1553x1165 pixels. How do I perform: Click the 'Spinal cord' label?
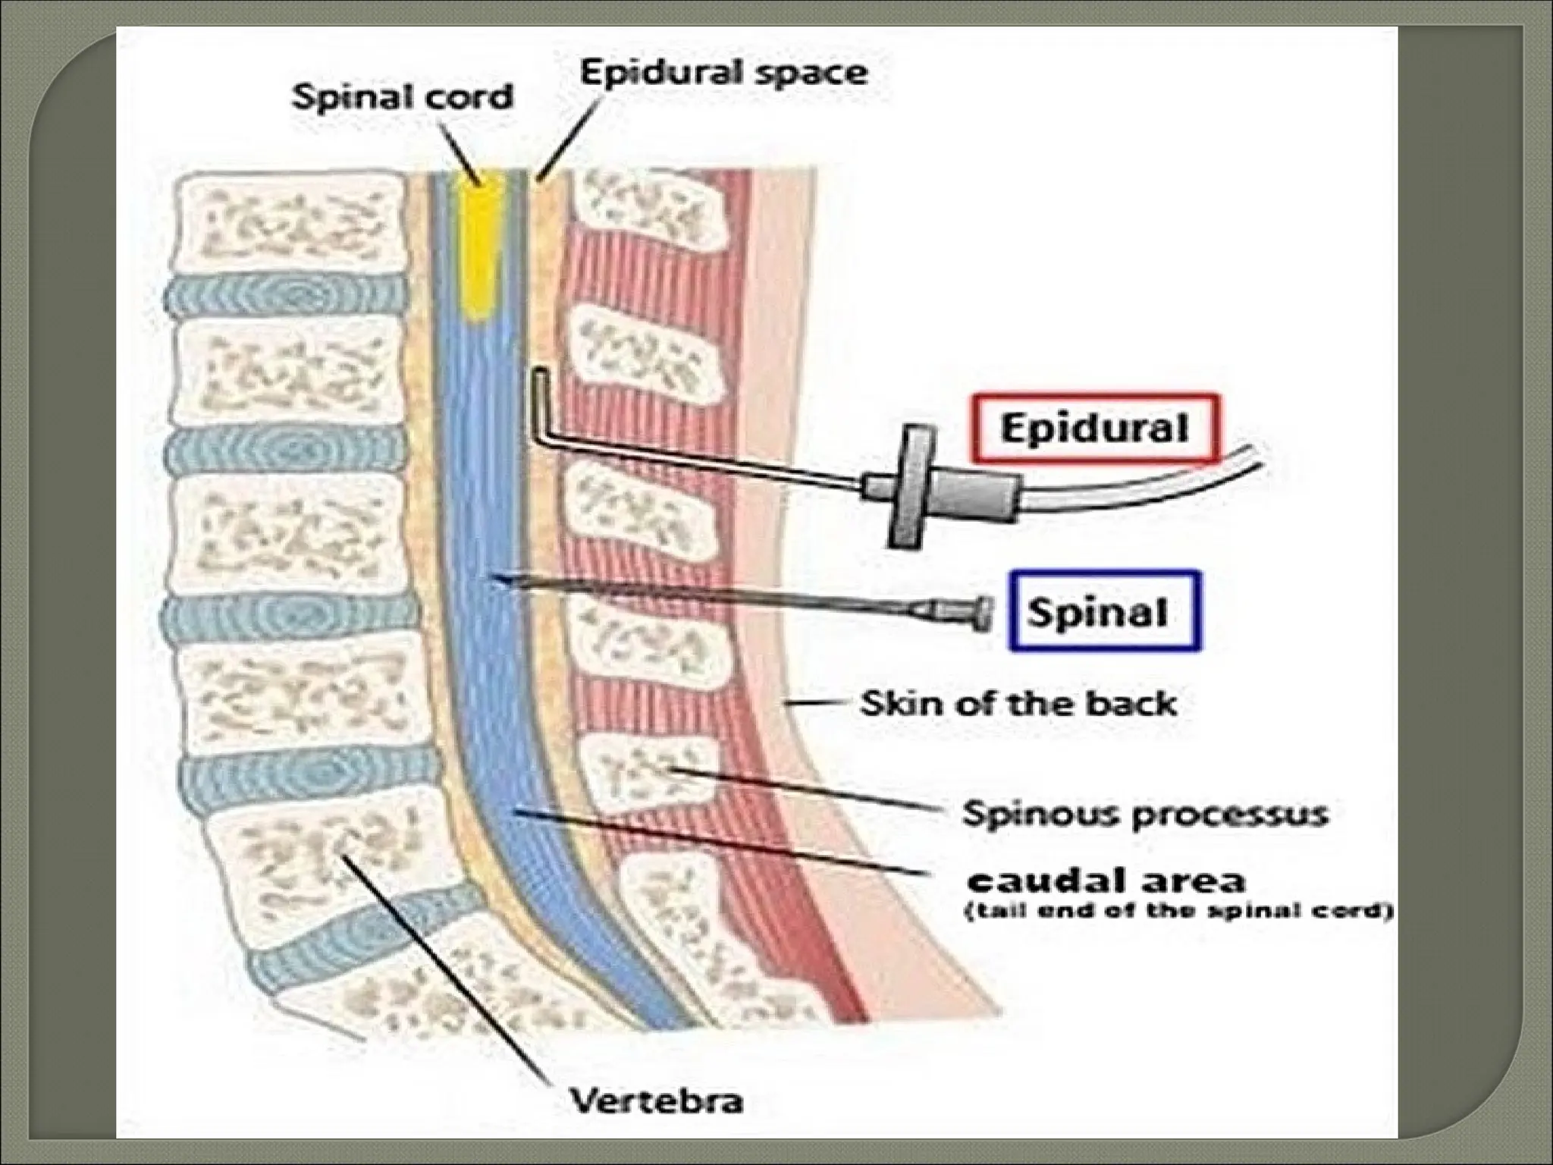[403, 98]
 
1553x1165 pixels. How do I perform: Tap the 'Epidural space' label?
[723, 73]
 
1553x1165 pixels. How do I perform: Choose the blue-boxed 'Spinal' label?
[1104, 611]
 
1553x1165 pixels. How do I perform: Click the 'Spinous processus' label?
[1145, 815]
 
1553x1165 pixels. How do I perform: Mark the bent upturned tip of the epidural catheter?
[539, 387]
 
